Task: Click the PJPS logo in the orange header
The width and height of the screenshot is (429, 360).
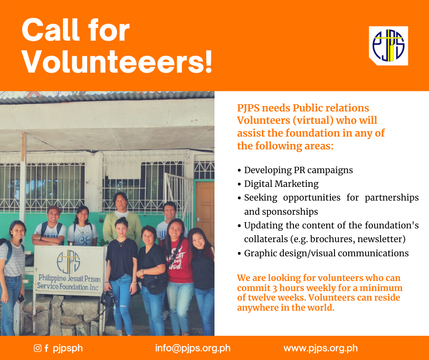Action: tap(388, 46)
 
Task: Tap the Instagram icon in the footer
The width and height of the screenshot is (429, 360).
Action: tap(37, 348)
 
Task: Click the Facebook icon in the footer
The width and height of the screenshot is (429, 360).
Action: tap(47, 348)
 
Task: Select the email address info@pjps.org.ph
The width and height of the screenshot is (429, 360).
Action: tap(193, 348)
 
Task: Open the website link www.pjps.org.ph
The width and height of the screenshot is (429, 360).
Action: tap(321, 348)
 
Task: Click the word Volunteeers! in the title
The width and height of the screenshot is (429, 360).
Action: tap(117, 62)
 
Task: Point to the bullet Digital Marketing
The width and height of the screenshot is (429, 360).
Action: tap(281, 184)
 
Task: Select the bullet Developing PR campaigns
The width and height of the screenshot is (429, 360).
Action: tap(298, 170)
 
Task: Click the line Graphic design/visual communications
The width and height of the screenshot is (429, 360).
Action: tap(326, 253)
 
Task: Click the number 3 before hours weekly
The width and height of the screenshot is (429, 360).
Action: tap(274, 288)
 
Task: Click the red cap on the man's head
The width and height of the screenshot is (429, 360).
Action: tap(54, 209)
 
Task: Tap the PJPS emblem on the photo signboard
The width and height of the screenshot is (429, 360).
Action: tap(68, 262)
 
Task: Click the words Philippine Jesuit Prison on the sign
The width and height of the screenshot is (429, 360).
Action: tap(69, 278)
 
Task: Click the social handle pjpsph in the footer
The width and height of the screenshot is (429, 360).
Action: tap(68, 349)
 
